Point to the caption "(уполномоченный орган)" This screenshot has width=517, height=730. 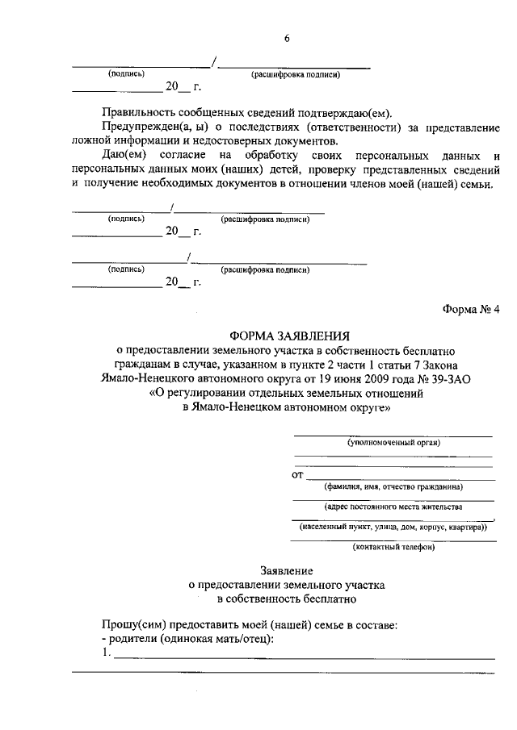(393, 442)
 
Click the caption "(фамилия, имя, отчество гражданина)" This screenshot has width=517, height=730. (393, 487)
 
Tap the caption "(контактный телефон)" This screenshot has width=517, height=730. (393, 549)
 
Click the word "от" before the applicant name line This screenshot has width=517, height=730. (297, 475)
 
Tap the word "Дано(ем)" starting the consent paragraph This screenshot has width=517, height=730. (128, 155)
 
